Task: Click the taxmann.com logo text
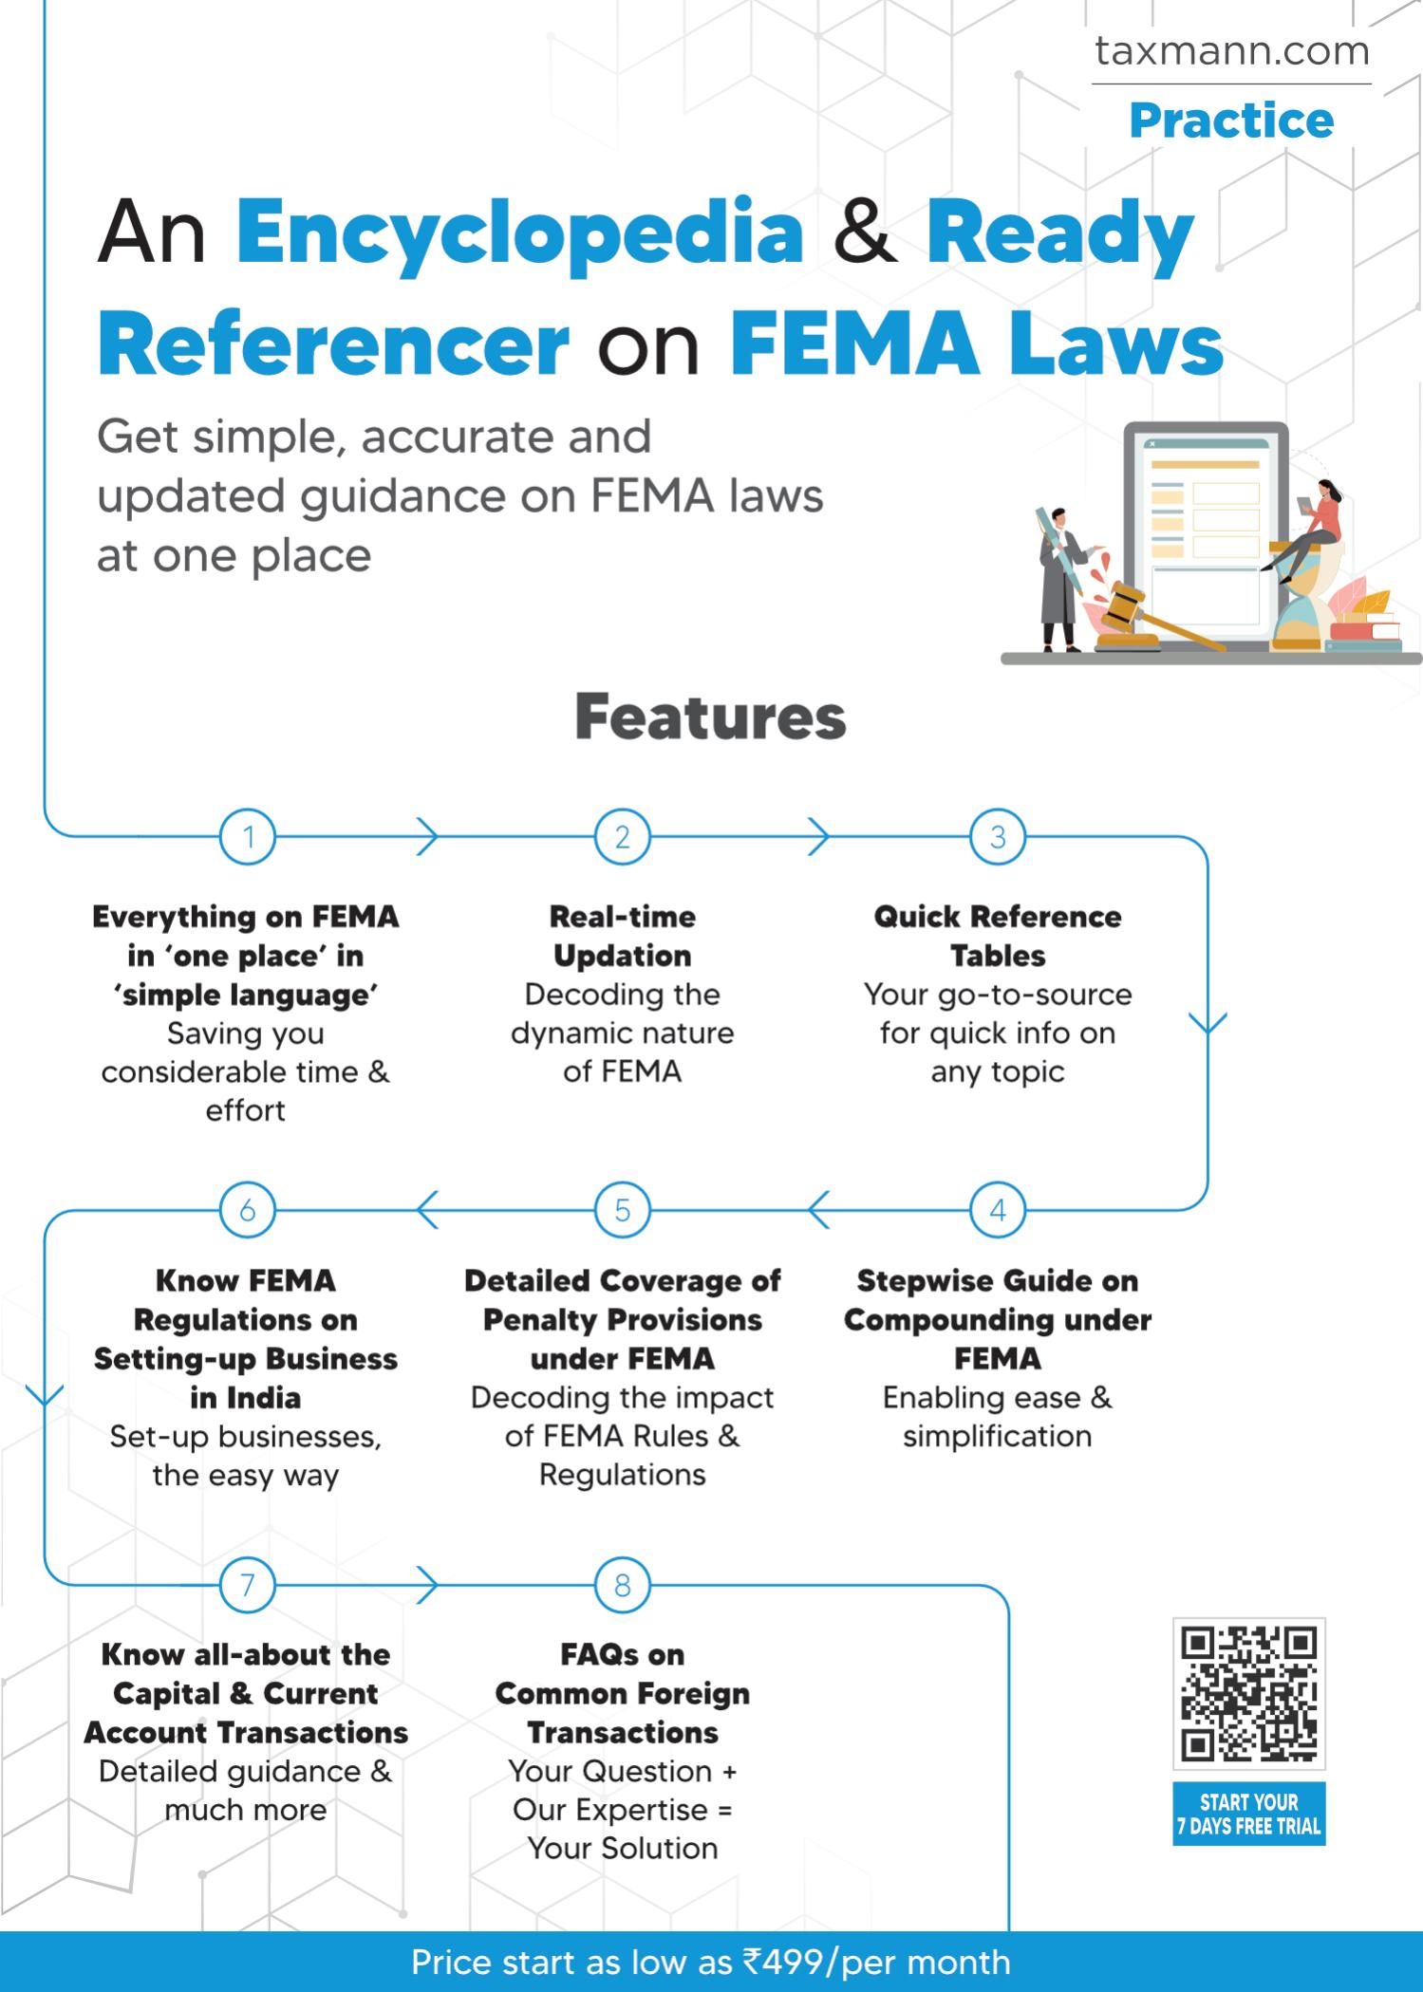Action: (x=1231, y=51)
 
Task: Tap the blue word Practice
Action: (x=1231, y=121)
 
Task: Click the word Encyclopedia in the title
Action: (x=519, y=233)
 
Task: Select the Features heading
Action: (x=710, y=717)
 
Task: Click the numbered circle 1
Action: (x=248, y=837)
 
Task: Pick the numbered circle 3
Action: (x=998, y=837)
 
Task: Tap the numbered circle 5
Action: (x=623, y=1210)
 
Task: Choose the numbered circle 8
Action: (x=623, y=1584)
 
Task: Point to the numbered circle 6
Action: (x=248, y=1210)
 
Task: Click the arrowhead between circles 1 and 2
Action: (x=427, y=837)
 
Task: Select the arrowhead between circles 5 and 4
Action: (x=818, y=1210)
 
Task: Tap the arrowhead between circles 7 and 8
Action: (x=427, y=1584)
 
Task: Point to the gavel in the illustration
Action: (x=1139, y=611)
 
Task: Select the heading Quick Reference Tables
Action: (x=998, y=936)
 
